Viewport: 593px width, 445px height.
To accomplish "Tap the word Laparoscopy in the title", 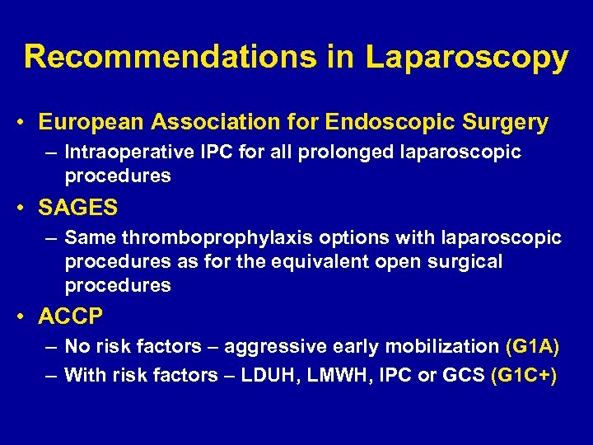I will (467, 58).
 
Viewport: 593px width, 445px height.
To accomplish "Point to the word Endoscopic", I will (378, 123).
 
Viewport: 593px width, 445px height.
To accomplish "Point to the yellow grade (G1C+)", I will (523, 376).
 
